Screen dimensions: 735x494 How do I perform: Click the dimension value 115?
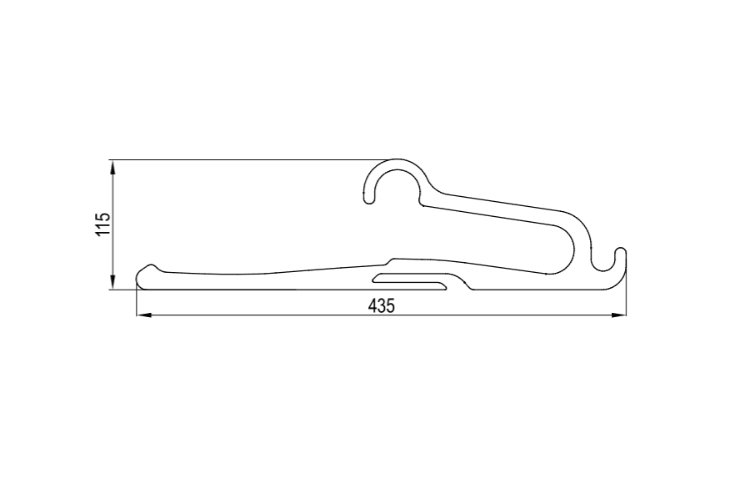(x=102, y=224)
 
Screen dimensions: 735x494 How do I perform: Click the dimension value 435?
(x=382, y=306)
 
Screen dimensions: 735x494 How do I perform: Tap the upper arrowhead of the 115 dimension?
(x=112, y=167)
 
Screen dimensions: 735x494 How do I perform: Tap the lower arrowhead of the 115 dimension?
(x=112, y=283)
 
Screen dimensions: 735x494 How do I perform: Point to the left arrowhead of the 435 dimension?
(x=143, y=315)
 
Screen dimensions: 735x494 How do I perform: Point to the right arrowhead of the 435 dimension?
(x=618, y=315)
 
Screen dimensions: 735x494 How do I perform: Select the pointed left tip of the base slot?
(x=373, y=282)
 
